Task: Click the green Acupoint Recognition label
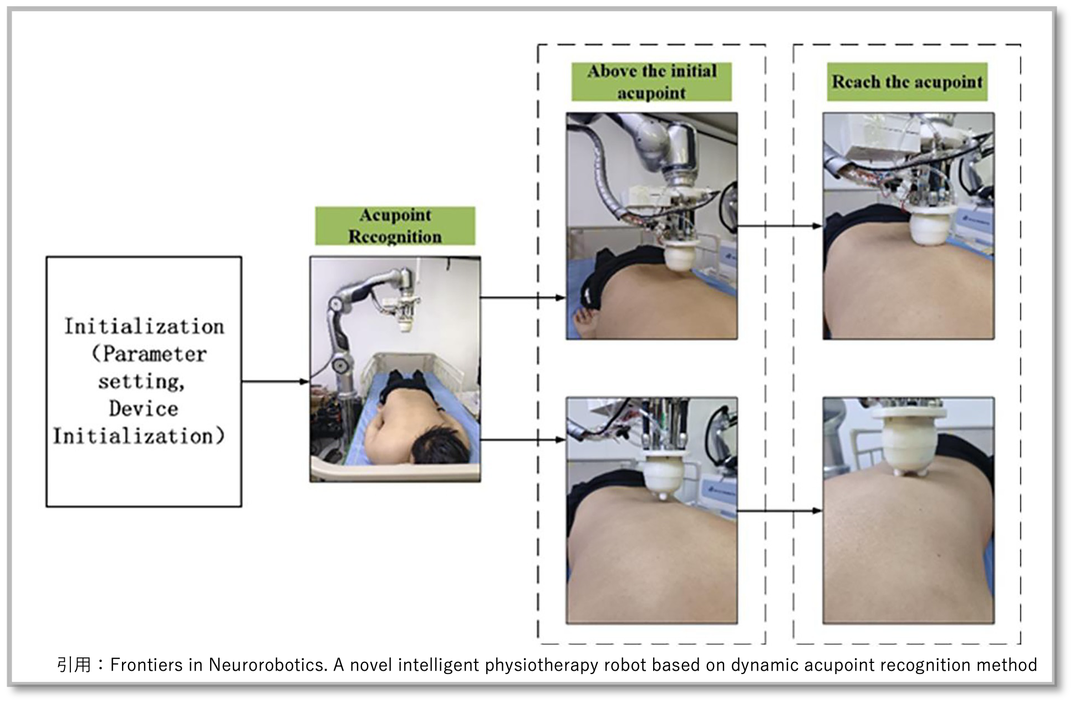395,226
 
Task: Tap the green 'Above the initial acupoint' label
651,82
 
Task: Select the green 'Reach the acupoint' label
907,82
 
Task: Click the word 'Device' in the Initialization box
144,409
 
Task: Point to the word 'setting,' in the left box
141,382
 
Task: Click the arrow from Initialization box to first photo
276,382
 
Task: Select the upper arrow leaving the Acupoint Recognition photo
522,298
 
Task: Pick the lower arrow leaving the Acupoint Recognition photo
522,440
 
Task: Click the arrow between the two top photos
780,226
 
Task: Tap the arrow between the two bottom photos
780,510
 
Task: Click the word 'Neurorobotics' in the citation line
267,665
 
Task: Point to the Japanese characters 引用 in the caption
74,665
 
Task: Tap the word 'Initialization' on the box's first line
144,326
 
